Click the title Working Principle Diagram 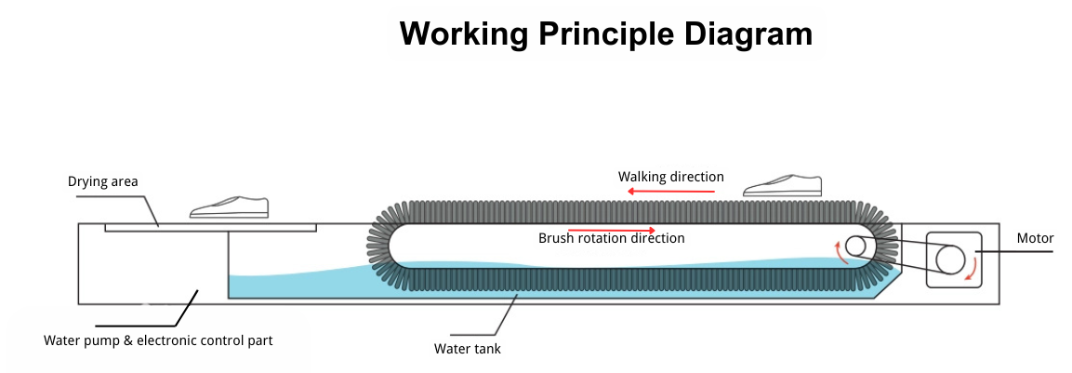(x=605, y=33)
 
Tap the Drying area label (x=102, y=181)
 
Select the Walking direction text (x=670, y=177)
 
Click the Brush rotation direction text (x=611, y=239)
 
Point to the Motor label (x=1035, y=239)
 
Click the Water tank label (x=468, y=349)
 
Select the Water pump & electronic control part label (x=158, y=340)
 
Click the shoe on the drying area (x=230, y=208)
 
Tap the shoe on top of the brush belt (x=784, y=186)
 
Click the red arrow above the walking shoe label (x=670, y=191)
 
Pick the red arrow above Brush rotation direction (x=611, y=229)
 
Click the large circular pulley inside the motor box (x=950, y=260)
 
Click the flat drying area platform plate (x=210, y=227)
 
